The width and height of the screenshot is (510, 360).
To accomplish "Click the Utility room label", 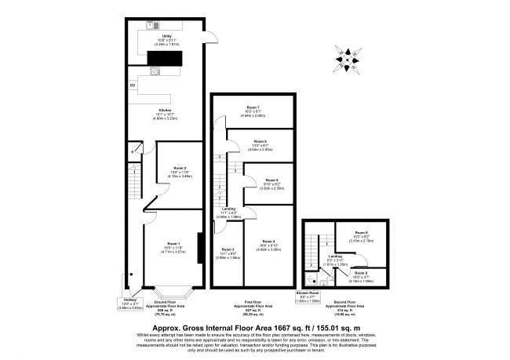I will point(166,35).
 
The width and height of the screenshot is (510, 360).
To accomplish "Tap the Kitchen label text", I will point(166,109).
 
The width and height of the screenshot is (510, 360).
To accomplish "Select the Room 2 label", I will point(180,168).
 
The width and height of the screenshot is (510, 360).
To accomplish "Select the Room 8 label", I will point(361,232).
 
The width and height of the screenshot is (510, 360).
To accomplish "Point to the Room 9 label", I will point(361,272).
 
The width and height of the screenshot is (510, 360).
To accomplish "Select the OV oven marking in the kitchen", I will point(133,84).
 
